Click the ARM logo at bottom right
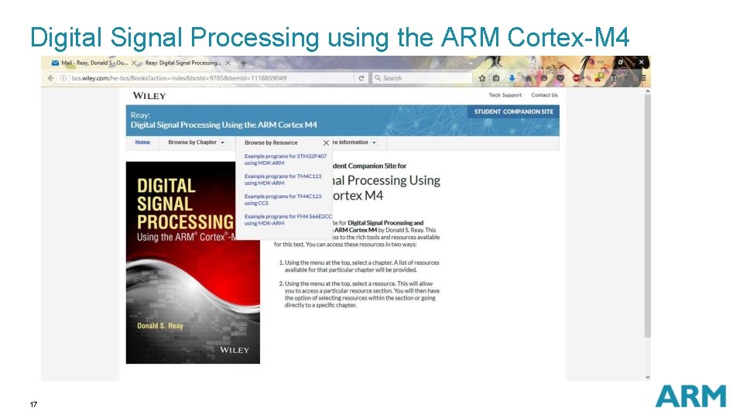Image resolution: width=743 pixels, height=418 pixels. pyautogui.click(x=690, y=396)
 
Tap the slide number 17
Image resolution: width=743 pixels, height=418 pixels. pyautogui.click(x=33, y=405)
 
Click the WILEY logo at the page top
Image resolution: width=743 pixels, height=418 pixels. pyautogui.click(x=149, y=95)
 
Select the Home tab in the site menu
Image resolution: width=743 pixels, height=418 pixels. pyautogui.click(x=142, y=142)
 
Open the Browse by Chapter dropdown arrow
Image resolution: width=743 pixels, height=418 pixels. pyautogui.click(x=222, y=142)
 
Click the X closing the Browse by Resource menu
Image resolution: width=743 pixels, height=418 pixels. pyautogui.click(x=326, y=142)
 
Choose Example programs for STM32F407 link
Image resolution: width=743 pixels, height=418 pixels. pyautogui.click(x=286, y=159)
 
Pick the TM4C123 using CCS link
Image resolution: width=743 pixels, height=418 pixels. pyautogui.click(x=282, y=200)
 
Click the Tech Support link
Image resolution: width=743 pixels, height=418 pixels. pyautogui.click(x=505, y=95)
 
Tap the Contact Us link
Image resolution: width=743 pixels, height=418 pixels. pyautogui.click(x=544, y=95)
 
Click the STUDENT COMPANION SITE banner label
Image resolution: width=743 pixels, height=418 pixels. pyautogui.click(x=514, y=111)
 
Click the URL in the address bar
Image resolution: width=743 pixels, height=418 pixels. pyautogui.click(x=178, y=78)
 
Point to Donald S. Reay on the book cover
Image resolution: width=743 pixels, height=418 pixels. pyautogui.click(x=160, y=326)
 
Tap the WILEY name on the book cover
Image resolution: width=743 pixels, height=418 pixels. pyautogui.click(x=235, y=351)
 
